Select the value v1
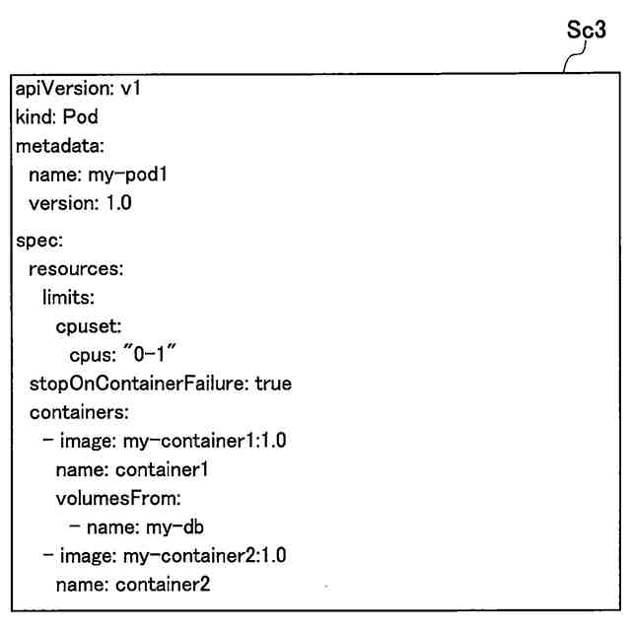tap(131, 89)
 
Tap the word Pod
tap(80, 117)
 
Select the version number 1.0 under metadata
tap(119, 204)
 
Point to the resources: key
tap(76, 268)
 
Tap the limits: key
tap(67, 297)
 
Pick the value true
tap(273, 383)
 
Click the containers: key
tap(80, 411)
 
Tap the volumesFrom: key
tap(112, 498)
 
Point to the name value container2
tap(163, 584)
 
